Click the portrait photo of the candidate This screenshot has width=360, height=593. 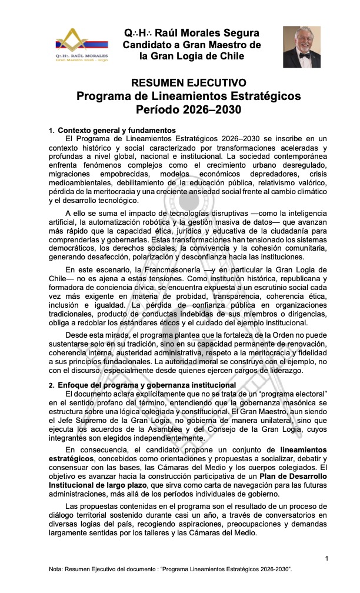click(302, 47)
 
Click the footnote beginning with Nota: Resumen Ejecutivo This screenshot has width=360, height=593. click(171, 571)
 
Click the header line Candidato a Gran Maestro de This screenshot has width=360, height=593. click(191, 45)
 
